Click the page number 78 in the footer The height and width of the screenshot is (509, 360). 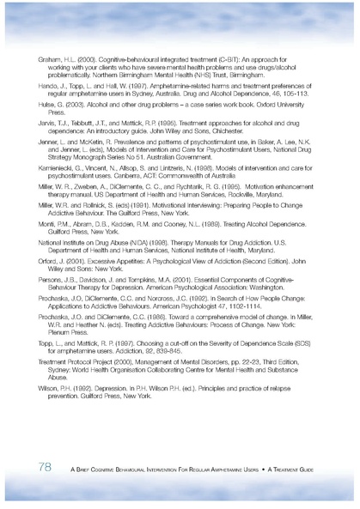tap(37, 466)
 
